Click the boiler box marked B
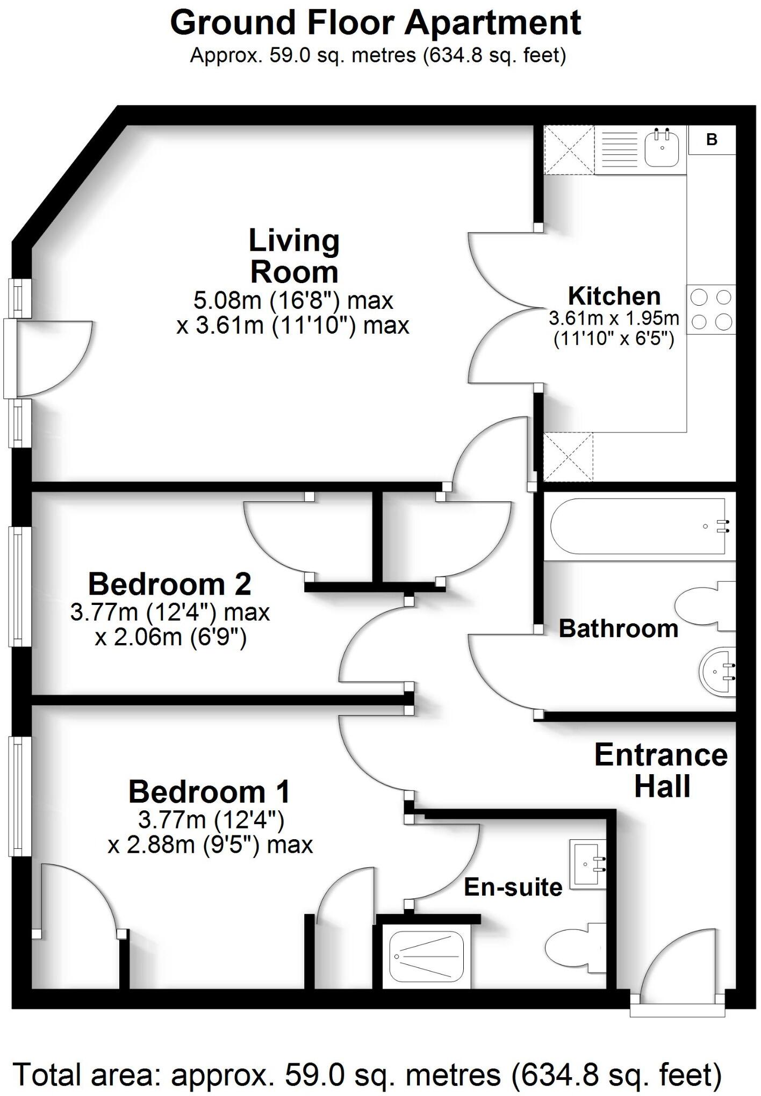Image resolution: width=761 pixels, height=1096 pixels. pyautogui.click(x=712, y=140)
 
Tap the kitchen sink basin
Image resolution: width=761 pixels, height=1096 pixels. pyautogui.click(x=662, y=148)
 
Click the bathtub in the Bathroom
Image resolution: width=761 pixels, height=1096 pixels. pyautogui.click(x=635, y=527)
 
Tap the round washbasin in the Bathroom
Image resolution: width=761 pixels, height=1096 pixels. pyautogui.click(x=718, y=672)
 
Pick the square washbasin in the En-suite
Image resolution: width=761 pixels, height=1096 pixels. pyautogui.click(x=588, y=864)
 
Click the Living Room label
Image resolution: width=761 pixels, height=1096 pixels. pyautogui.click(x=294, y=256)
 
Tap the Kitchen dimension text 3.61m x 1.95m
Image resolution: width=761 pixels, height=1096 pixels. pyautogui.click(x=614, y=319)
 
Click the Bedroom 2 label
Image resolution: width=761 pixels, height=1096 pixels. pyautogui.click(x=169, y=585)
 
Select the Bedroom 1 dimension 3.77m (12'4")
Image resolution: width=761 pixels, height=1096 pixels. pyautogui.click(x=211, y=820)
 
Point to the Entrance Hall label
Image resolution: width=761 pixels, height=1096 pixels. pyautogui.click(x=661, y=770)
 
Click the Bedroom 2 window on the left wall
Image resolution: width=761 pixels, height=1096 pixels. pyautogui.click(x=19, y=586)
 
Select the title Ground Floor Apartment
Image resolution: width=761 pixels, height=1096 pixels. pyautogui.click(x=376, y=23)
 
